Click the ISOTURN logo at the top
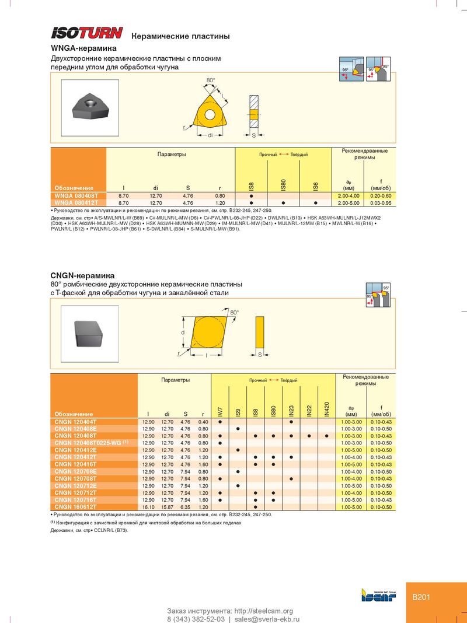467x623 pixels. tap(87, 33)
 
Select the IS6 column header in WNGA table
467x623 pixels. tap(315, 185)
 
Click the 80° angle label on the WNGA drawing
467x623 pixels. tap(210, 79)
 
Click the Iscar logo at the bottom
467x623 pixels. tap(378, 595)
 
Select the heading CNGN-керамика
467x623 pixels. tap(82, 275)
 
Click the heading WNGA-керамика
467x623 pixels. tap(84, 48)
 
